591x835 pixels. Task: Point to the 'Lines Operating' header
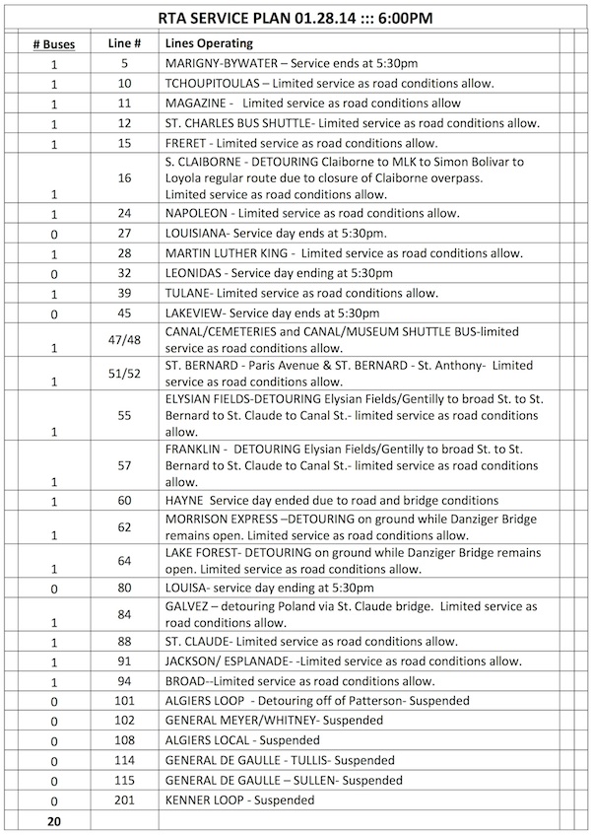(209, 43)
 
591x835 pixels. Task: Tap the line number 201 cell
(124, 800)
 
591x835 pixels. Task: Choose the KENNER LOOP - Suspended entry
(239, 800)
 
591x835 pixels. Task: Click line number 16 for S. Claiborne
(124, 177)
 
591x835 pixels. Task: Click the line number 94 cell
(124, 680)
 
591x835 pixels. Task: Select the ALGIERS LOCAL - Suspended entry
(243, 739)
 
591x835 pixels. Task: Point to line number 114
(124, 760)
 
